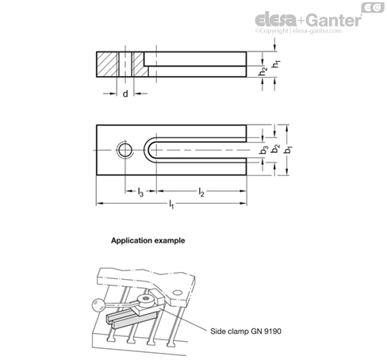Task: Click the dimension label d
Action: point(125,94)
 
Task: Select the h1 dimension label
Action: point(276,64)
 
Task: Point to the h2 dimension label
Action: point(262,71)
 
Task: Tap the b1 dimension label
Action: point(288,149)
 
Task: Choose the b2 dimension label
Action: point(276,149)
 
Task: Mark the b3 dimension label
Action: point(263,150)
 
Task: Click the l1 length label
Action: point(171,204)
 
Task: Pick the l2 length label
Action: point(201,192)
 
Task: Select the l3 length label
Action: point(140,192)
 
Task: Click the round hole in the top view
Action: point(125,150)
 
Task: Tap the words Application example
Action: point(148,240)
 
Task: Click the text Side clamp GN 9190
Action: point(246,331)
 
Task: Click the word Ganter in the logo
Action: point(335,20)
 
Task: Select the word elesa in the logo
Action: point(275,20)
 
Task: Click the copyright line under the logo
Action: point(298,31)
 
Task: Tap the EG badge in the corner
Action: point(373,8)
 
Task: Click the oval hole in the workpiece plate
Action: point(178,293)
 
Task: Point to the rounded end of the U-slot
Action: point(146,150)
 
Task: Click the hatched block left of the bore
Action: point(106,64)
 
